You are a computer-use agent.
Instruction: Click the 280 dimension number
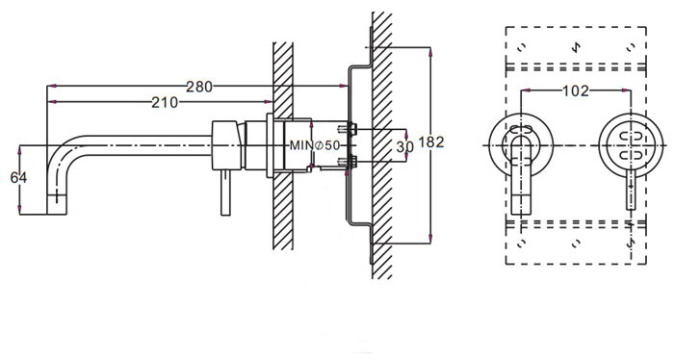199,87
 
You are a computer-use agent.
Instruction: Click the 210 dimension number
165,103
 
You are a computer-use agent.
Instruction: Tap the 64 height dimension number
18,177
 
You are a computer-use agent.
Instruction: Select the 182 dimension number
430,141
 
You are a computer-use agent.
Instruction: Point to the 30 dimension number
404,147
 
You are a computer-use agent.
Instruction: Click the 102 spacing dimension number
576,90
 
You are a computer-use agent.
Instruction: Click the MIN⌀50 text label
315,145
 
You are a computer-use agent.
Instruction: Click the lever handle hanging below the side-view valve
225,193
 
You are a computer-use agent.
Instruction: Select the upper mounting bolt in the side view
348,128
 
